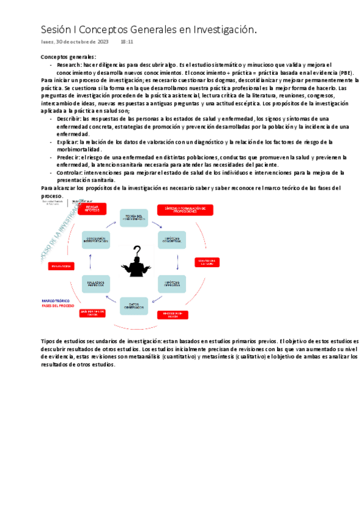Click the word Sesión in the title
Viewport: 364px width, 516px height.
pos(56,29)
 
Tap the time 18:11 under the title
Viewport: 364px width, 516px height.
pos(127,42)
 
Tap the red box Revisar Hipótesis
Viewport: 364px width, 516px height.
pos(92,209)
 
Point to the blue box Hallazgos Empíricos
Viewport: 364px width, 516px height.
pos(95,284)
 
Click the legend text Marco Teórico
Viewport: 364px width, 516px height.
pos(56,301)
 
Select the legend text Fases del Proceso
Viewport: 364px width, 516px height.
pos(57,306)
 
